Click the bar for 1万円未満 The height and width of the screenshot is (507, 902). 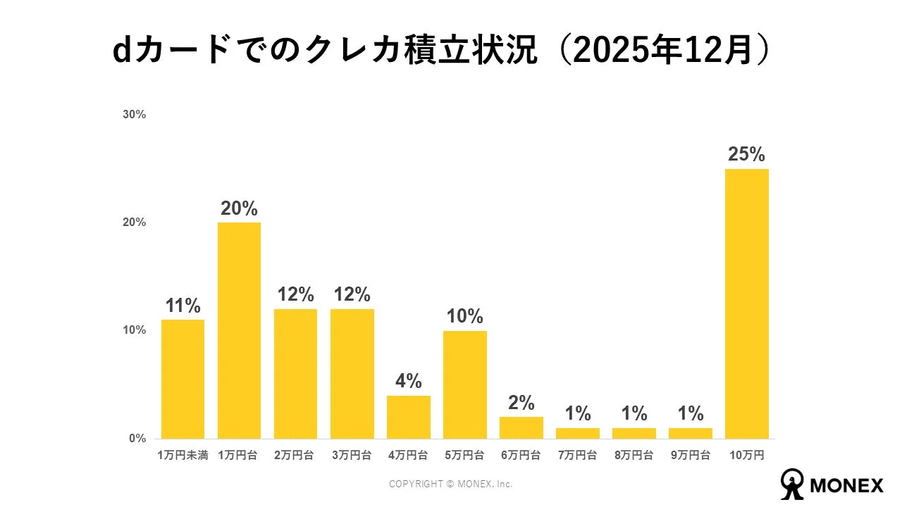183,379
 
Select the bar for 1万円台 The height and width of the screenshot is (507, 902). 239,330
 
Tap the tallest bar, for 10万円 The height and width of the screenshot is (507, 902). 746,303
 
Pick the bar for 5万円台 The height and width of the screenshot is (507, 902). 464,384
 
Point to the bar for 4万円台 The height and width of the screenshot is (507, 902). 408,417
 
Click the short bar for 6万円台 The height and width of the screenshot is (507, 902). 521,427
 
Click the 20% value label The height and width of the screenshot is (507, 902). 239,209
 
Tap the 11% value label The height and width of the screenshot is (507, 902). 183,306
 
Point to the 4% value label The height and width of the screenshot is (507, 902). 408,382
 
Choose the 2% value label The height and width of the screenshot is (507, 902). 521,403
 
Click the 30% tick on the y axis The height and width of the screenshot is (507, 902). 134,115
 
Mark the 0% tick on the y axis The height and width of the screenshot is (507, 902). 137,439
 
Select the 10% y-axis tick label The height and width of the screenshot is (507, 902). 134,330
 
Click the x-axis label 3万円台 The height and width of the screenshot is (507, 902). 352,456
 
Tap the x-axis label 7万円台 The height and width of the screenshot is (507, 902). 577,456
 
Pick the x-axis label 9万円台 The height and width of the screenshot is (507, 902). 690,456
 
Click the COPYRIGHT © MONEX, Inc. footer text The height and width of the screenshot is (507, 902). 451,484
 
